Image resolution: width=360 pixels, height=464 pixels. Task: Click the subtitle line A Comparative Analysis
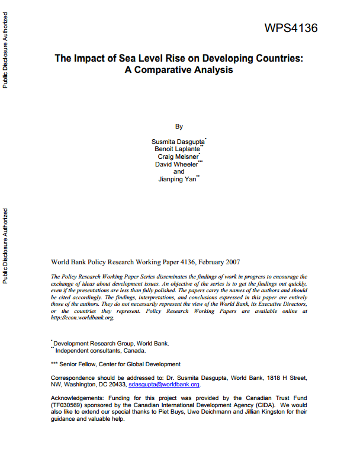pyautogui.click(x=179, y=70)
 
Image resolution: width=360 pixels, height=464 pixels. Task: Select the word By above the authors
pyautogui.click(x=179, y=126)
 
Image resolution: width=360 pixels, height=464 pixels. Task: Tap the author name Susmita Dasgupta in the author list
pyautogui.click(x=178, y=143)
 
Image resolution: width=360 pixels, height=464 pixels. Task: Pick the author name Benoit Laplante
pyautogui.click(x=177, y=150)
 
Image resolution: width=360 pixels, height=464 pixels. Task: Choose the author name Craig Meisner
pyautogui.click(x=177, y=157)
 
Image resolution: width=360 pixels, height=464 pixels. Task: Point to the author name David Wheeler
pyautogui.click(x=177, y=164)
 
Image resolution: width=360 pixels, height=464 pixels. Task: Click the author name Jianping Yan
pyautogui.click(x=178, y=178)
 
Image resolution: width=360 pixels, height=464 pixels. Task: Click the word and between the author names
pyautogui.click(x=179, y=171)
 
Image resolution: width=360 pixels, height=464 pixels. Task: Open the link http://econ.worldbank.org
pyautogui.click(x=82, y=318)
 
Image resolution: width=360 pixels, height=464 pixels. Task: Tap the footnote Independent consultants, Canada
pyautogui.click(x=95, y=350)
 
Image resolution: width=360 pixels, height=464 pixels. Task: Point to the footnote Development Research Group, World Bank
pyautogui.click(x=111, y=343)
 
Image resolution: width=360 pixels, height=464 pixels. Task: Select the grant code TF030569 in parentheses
pyautogui.click(x=69, y=406)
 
